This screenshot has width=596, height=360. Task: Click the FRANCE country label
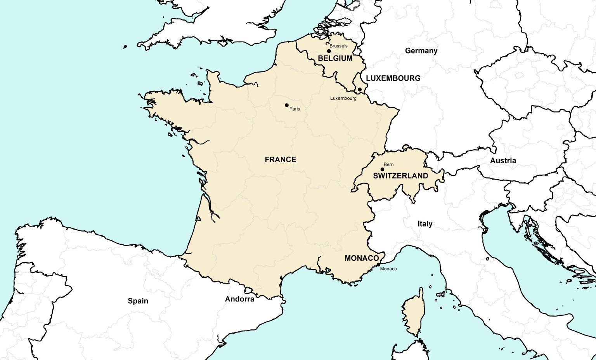point(280,159)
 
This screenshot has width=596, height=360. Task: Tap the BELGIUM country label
point(335,58)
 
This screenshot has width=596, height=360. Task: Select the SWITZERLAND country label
point(400,176)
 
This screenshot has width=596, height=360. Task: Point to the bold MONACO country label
point(362,258)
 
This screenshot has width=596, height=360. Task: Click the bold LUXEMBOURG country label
point(393,78)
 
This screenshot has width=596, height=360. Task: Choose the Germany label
point(421,51)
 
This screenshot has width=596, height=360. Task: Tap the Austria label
point(503,161)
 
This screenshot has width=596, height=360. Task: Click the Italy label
point(425,224)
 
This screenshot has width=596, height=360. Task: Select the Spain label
point(138,301)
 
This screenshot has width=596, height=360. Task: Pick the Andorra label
point(240,299)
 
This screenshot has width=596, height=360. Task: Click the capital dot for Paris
point(287,105)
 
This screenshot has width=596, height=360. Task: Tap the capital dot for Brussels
point(329,51)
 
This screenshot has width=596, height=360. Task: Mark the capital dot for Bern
point(382,169)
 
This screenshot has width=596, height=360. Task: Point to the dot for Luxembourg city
point(360,90)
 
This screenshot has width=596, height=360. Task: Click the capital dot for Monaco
point(378,265)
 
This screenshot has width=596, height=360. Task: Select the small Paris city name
point(295,109)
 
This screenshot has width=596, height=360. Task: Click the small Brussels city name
point(338,46)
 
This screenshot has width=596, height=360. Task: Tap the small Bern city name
point(388,164)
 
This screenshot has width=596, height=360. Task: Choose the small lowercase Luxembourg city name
point(343,98)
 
